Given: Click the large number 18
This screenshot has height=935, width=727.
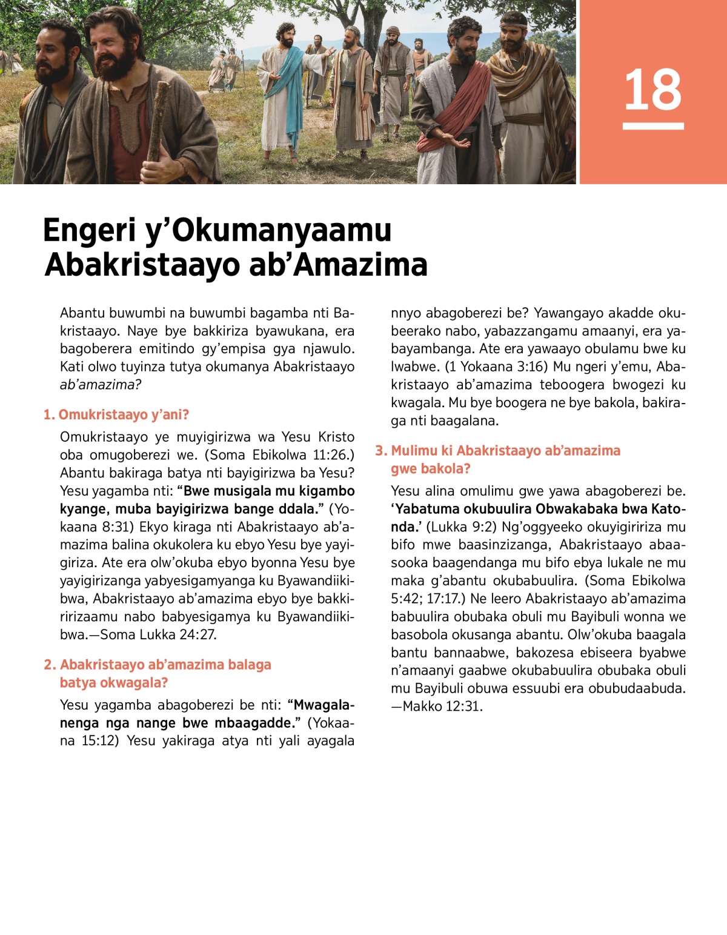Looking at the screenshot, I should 652,90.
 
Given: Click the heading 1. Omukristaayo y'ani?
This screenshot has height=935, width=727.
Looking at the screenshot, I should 116,414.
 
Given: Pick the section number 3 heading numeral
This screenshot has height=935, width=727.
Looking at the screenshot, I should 380,451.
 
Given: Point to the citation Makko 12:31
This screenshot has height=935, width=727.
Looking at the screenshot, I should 442,707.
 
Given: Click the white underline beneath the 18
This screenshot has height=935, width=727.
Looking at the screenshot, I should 652,126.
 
